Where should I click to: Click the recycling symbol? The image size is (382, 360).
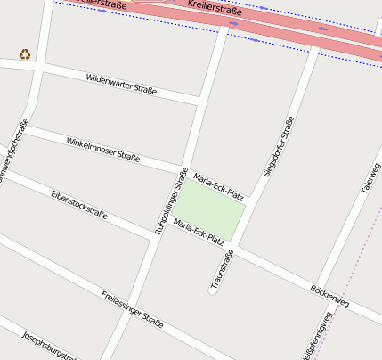pos(26,53)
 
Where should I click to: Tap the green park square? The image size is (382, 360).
pos(214,209)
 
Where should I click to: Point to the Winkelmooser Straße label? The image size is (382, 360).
pos(102,149)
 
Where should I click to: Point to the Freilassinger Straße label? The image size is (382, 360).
pos(132,308)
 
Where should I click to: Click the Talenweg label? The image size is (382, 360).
pos(370,179)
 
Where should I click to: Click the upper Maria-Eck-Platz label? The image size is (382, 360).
pos(218,185)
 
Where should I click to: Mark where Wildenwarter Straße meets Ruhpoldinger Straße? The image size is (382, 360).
pos(199,97)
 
